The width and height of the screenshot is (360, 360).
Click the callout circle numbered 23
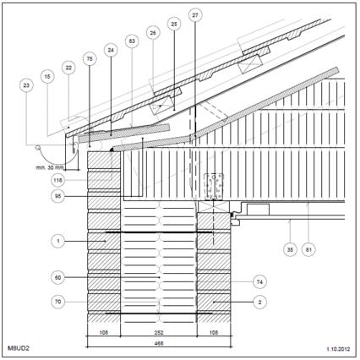coord(26,85)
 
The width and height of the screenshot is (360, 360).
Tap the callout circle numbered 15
coord(47,76)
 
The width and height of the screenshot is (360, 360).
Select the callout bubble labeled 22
coord(68,68)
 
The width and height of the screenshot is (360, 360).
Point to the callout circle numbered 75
coord(90,59)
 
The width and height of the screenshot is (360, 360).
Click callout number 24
coord(111,50)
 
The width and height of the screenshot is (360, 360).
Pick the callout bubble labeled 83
coord(132,41)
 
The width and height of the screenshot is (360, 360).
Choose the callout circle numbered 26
coord(153,33)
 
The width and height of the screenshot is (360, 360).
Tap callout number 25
coord(174,24)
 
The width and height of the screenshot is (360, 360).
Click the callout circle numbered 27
coord(195,15)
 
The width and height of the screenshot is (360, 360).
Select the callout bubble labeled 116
coord(58,180)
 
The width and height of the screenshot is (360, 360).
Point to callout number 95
coord(58,196)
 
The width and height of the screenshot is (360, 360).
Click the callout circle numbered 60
coord(58,277)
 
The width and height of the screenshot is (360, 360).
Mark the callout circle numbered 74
coord(259,281)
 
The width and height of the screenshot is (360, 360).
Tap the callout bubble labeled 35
coord(290,249)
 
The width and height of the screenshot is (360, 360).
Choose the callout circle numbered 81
coord(308,249)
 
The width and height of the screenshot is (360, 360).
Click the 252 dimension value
coord(159,333)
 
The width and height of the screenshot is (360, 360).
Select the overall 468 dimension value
coord(159,343)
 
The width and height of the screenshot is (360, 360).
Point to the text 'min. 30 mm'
coord(50,167)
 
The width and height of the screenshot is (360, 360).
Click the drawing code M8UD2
coord(19,348)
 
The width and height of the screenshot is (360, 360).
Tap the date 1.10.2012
coord(338,349)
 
